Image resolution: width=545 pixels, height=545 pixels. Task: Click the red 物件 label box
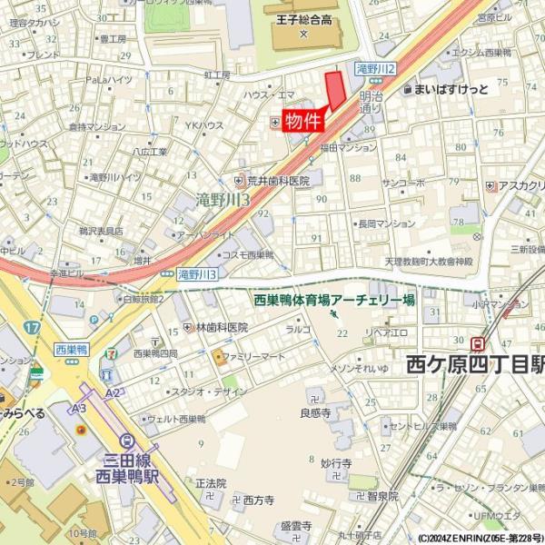[302, 121]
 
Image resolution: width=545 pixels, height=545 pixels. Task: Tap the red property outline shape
[335, 92]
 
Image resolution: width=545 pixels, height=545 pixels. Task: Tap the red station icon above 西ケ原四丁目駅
[477, 342]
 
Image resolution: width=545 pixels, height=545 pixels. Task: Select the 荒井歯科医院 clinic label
[278, 181]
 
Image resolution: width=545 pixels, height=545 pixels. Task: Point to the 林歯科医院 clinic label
[222, 327]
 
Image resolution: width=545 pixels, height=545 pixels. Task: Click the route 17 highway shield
[33, 325]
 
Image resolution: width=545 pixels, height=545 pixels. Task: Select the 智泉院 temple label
[382, 496]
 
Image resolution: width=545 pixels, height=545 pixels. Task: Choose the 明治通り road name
[371, 101]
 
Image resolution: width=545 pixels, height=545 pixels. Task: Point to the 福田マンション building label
[348, 147]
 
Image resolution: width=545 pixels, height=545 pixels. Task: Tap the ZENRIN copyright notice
[481, 538]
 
